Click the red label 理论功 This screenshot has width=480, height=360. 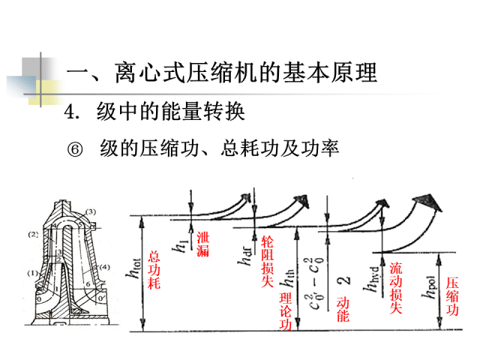(x=284, y=307)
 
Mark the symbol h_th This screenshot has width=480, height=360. (x=288, y=282)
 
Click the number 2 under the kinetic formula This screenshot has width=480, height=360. (x=344, y=283)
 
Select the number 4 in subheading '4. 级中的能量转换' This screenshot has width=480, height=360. (x=71, y=112)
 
